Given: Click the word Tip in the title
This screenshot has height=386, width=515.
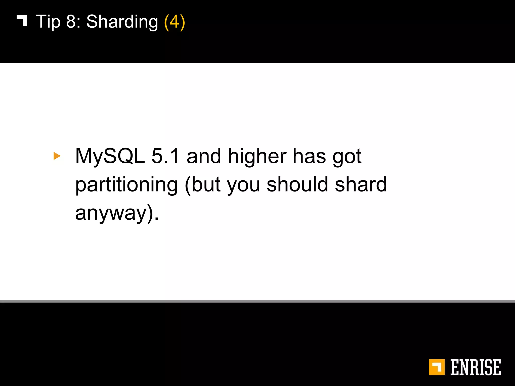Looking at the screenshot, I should coord(48,22).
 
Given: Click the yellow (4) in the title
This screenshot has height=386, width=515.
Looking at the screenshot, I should coord(174,22).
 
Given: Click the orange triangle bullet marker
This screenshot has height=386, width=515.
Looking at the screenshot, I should coord(57,156).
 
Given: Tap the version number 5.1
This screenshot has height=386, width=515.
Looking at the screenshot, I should coord(165,156).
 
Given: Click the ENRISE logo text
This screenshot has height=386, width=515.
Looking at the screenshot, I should coord(475,367).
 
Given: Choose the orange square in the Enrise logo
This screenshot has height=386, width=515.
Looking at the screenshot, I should coord(437,367).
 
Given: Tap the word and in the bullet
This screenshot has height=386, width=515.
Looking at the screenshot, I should coord(204,156).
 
